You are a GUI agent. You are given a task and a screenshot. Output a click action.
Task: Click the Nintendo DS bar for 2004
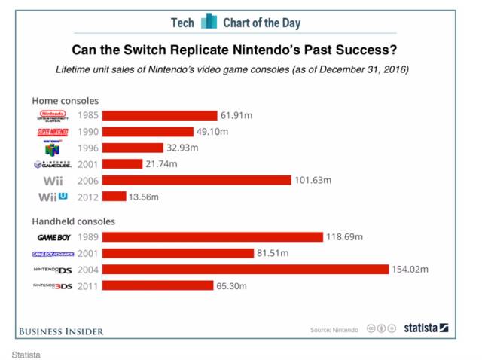[246, 270]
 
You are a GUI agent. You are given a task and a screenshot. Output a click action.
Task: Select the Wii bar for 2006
[197, 180]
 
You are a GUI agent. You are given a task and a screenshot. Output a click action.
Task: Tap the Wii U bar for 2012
[114, 197]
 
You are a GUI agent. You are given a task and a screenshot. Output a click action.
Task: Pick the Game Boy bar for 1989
[212, 237]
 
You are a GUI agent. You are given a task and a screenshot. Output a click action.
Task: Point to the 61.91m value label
[235, 115]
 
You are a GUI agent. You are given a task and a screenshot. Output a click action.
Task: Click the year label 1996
[87, 148]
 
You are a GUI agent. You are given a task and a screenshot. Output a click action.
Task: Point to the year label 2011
[87, 286]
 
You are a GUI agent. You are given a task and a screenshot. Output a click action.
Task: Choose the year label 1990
[87, 132]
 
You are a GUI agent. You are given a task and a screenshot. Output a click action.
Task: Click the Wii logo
[53, 181]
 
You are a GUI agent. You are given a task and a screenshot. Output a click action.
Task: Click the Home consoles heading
[65, 100]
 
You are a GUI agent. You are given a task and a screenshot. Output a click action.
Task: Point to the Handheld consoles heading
[73, 221]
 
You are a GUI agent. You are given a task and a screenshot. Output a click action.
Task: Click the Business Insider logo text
[60, 331]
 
